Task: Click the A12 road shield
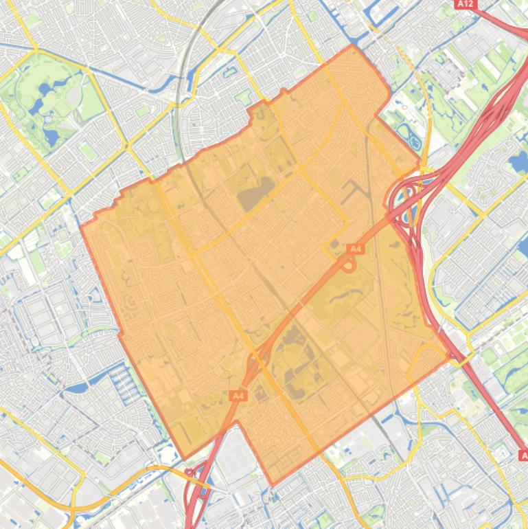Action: (x=466, y=4)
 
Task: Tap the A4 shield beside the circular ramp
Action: (x=354, y=248)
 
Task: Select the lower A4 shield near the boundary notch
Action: (x=238, y=396)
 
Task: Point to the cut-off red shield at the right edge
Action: (x=523, y=455)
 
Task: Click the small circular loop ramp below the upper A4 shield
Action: (x=349, y=264)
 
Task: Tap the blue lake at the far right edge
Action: (x=517, y=163)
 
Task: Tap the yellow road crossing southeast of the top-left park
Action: (x=126, y=146)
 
